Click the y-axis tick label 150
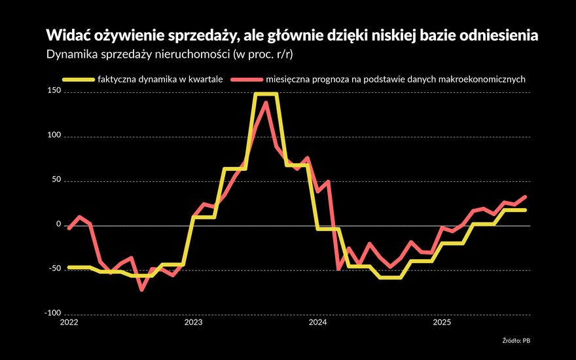(53, 92)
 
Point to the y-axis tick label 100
(53, 136)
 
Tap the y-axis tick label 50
(55, 181)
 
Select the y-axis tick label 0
(58, 225)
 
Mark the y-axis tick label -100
(52, 314)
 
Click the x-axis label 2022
(69, 322)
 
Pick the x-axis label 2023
(193, 322)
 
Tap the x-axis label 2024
(317, 322)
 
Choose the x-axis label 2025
(442, 322)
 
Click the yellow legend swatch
(78, 80)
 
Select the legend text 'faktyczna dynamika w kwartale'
(160, 80)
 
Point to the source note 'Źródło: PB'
(516, 340)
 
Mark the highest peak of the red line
(266, 102)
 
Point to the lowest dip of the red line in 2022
(141, 289)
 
